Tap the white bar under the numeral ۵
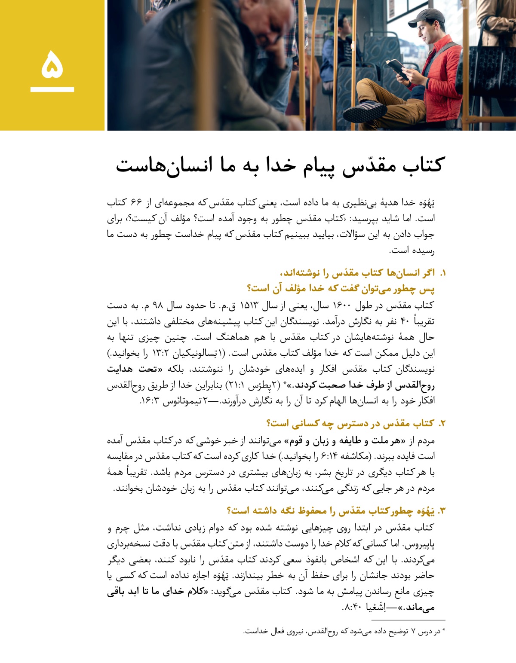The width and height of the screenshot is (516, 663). (52, 89)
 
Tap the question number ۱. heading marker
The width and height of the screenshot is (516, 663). (442, 273)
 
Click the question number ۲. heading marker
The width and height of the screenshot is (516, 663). (442, 424)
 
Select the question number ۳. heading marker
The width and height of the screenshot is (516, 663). (441, 511)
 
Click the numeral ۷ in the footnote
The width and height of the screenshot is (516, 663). (413, 632)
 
